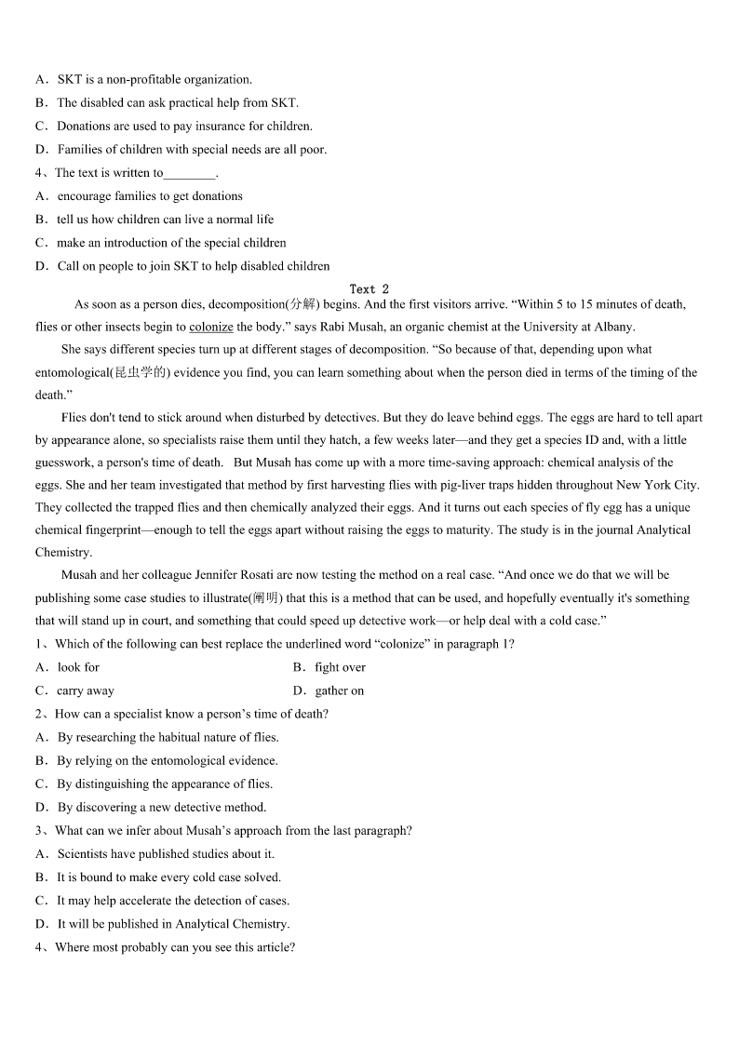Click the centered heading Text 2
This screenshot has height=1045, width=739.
[x=369, y=289]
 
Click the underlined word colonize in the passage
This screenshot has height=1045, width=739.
[x=210, y=327]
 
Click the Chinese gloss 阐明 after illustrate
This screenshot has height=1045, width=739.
[x=265, y=598]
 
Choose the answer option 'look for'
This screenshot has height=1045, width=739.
[x=78, y=667]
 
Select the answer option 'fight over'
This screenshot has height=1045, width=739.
[x=340, y=667]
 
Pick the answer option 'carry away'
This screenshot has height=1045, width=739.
[x=86, y=690]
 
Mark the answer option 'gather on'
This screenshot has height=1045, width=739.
[x=340, y=690]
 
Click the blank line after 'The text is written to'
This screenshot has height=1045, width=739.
[x=189, y=174]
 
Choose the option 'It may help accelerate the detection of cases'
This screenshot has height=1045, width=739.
[x=173, y=900]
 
